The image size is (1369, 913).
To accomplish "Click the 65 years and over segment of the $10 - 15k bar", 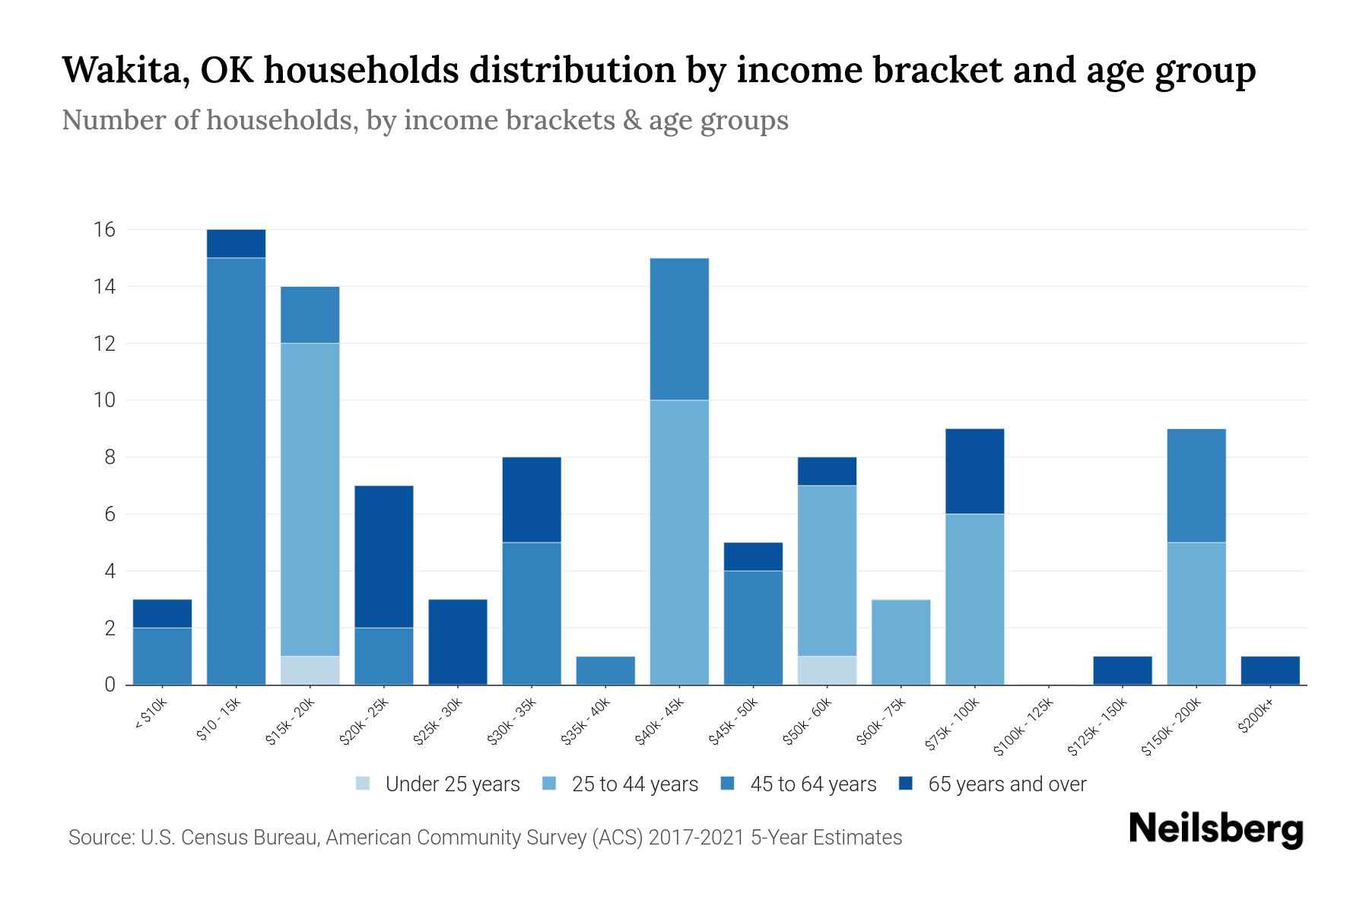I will pyautogui.click(x=236, y=243).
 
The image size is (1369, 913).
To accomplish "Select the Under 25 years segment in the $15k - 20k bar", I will pyautogui.click(x=310, y=670).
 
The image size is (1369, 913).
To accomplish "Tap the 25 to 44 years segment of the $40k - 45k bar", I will pyautogui.click(x=679, y=542).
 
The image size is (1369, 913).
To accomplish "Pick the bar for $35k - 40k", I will pyautogui.click(x=605, y=670).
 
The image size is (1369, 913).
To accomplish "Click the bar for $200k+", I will pyautogui.click(x=1269, y=670).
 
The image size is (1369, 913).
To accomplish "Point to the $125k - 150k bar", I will pyautogui.click(x=1122, y=670).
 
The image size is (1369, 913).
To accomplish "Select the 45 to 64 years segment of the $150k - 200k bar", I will pyautogui.click(x=1196, y=485).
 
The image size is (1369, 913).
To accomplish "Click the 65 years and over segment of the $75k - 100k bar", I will pyautogui.click(x=974, y=471).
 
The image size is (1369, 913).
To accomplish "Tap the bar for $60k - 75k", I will pyautogui.click(x=900, y=642).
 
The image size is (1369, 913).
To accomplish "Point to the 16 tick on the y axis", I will pyautogui.click(x=104, y=230).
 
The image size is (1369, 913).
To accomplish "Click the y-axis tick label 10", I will pyautogui.click(x=104, y=400).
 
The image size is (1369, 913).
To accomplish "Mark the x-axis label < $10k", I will pyautogui.click(x=151, y=714).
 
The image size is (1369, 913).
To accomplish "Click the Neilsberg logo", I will pyautogui.click(x=1215, y=829).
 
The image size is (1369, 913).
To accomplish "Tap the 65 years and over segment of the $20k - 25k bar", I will pyautogui.click(x=384, y=556).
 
